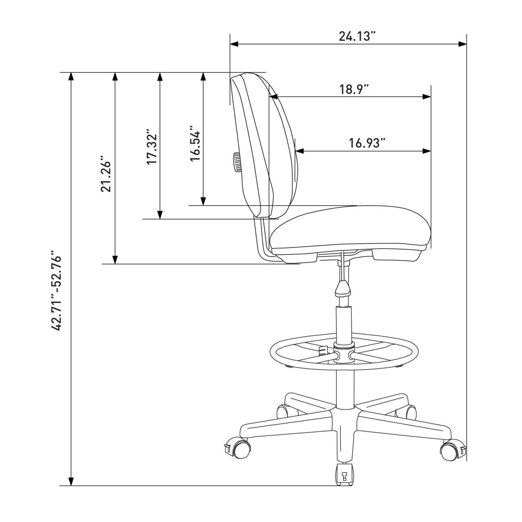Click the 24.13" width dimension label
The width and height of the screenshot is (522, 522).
(x=358, y=36)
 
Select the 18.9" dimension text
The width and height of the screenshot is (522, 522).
(x=354, y=89)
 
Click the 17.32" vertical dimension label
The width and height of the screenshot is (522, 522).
(x=152, y=148)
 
